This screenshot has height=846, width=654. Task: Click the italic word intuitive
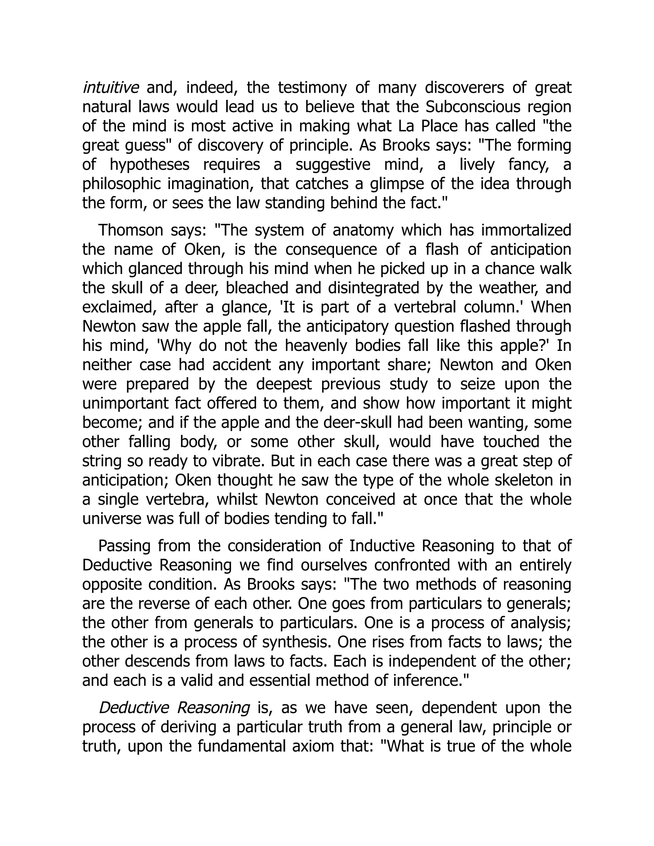pos(110,88)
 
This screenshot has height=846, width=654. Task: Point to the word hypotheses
pos(149,165)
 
